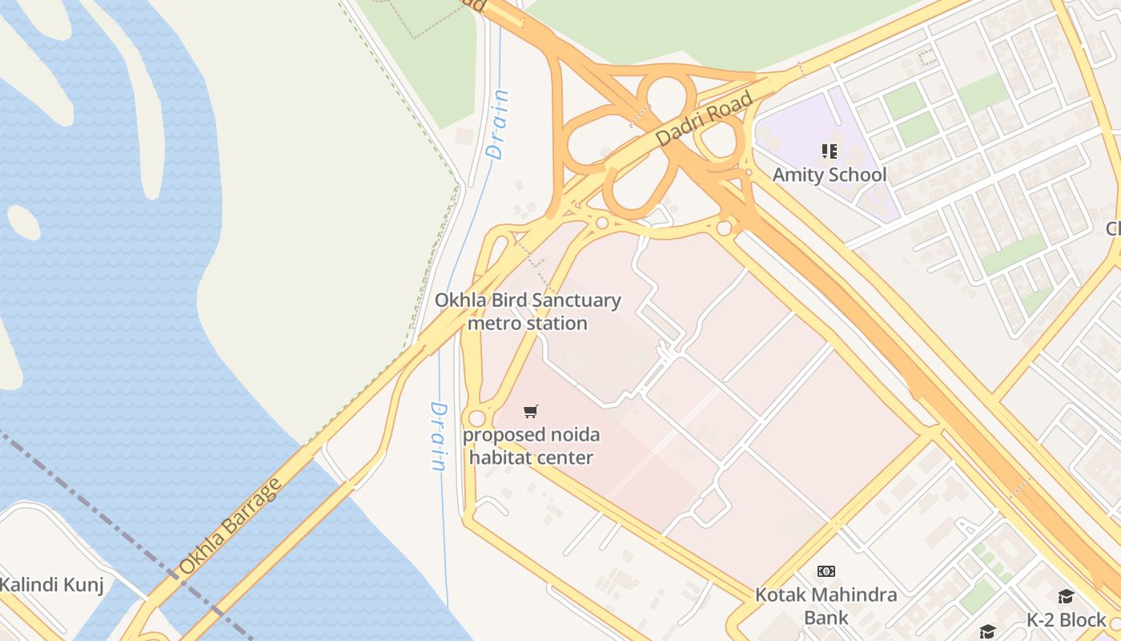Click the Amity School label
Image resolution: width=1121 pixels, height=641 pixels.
(829, 175)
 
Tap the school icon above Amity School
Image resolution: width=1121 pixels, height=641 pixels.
(829, 151)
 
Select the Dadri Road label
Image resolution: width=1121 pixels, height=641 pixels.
(705, 119)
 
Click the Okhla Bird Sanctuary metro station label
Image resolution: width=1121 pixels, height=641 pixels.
(528, 312)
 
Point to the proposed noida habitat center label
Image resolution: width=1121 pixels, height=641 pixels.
(531, 446)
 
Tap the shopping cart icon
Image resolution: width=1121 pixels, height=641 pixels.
(530, 412)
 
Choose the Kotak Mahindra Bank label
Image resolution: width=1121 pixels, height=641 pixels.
(826, 606)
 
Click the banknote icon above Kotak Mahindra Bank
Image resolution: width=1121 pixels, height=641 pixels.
(826, 571)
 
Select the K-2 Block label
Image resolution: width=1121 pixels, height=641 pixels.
(1066, 619)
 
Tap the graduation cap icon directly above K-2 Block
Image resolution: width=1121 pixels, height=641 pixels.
(1066, 596)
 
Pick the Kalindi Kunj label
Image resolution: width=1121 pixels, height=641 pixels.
(52, 585)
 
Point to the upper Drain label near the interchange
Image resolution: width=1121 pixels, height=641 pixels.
(497, 124)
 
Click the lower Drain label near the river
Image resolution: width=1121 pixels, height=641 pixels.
(438, 436)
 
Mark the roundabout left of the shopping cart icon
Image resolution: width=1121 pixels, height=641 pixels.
(477, 418)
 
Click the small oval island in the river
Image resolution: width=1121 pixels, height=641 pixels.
(23, 222)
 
